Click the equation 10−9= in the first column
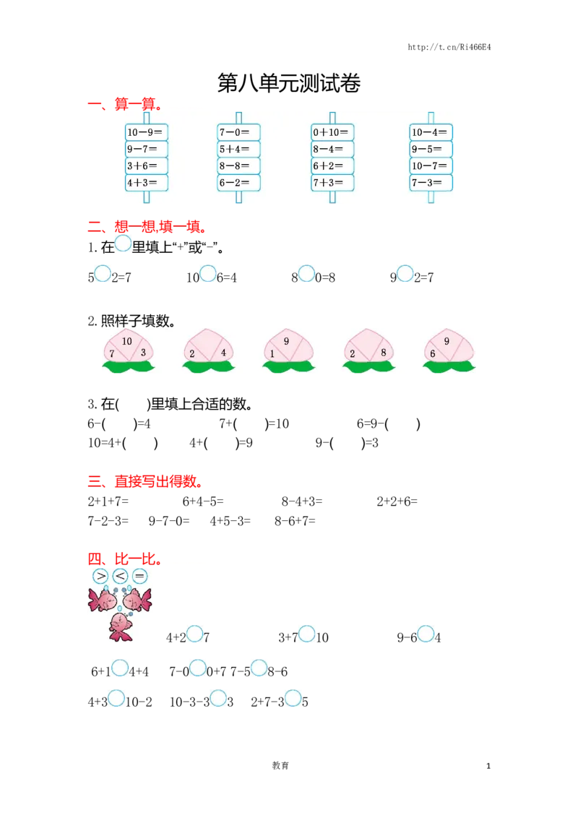point(146,132)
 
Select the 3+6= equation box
point(146,166)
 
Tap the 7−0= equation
point(238,132)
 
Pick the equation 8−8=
point(238,166)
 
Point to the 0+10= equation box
point(332,132)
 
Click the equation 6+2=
point(332,166)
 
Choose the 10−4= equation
point(431,132)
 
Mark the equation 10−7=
point(431,166)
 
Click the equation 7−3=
point(431,183)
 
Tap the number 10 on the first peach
point(127,340)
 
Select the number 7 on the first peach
point(112,353)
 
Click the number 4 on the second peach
point(224,353)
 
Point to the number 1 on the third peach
point(272,353)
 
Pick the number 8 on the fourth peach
point(383,353)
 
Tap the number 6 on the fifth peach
point(433,353)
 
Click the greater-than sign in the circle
point(100,576)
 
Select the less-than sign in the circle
point(120,576)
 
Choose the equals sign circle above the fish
point(139,576)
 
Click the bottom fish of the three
point(120,626)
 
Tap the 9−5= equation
point(431,150)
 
